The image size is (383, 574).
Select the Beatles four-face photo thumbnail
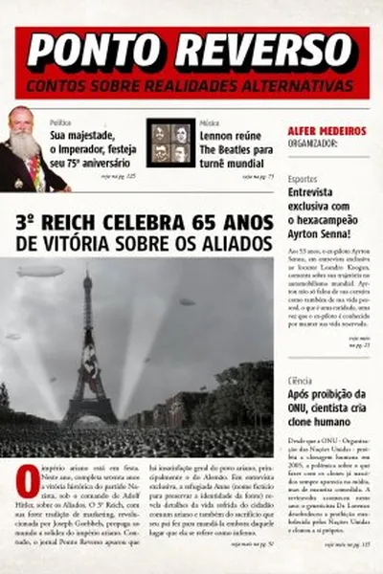pyautogui.click(x=170, y=143)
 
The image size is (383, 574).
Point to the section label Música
pyautogui.click(x=210, y=123)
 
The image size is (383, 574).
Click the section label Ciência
pyautogui.click(x=301, y=381)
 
